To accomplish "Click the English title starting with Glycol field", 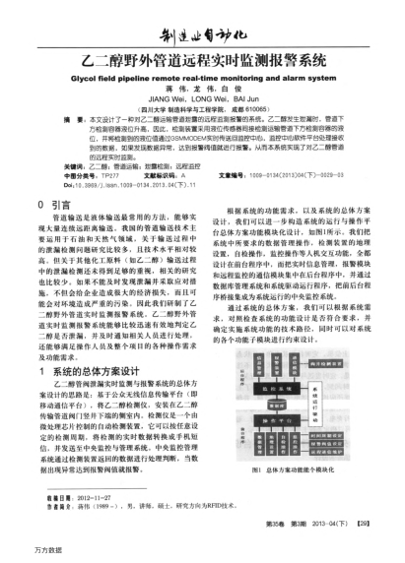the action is coord(204,73).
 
